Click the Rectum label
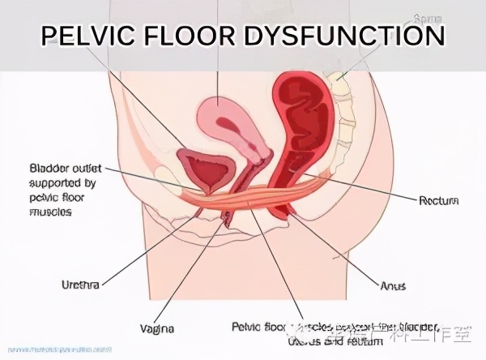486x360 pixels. coord(439,199)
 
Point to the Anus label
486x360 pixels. coord(393,285)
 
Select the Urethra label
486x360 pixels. coord(80,285)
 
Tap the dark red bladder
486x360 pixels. coord(208,170)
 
